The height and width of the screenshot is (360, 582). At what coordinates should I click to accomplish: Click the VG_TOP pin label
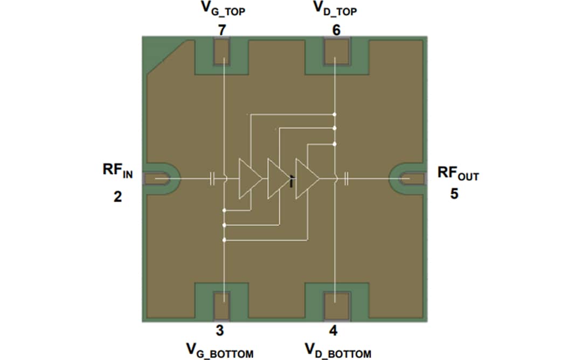(221, 10)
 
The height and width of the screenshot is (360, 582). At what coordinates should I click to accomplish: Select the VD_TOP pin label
(336, 10)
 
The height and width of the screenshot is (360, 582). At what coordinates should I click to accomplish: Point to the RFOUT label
(458, 173)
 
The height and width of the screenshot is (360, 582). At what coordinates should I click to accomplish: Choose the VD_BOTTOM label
(338, 351)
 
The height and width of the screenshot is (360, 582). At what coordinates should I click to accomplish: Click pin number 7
(221, 30)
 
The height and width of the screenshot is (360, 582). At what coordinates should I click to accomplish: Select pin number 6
(336, 30)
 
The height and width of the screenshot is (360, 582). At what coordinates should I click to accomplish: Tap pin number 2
(117, 197)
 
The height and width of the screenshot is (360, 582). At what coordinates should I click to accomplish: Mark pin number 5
(454, 193)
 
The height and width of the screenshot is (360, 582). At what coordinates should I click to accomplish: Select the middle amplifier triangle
(278, 178)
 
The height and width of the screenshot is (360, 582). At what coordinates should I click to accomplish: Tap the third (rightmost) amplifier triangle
(307, 178)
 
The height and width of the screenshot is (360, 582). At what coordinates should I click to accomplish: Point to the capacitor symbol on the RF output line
(347, 178)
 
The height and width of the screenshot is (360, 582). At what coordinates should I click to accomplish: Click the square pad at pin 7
(221, 52)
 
